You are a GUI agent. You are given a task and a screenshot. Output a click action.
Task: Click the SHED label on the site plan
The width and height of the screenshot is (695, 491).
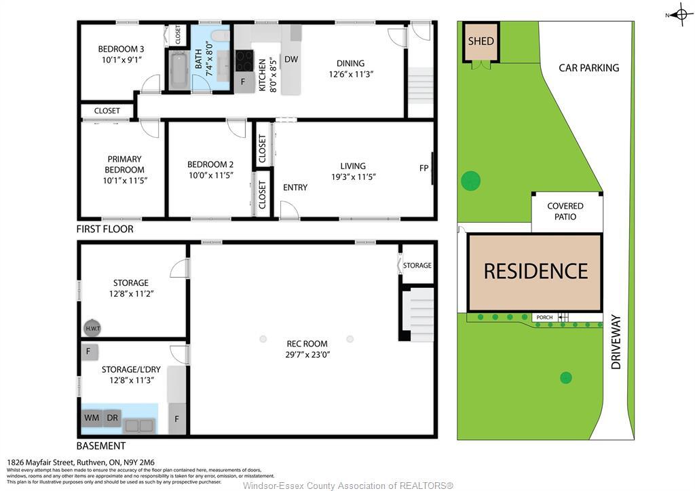click(481, 41)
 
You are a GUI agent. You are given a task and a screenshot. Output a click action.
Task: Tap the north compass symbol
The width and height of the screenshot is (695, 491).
click(681, 14)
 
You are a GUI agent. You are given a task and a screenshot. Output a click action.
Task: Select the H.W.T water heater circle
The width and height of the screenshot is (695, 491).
click(92, 329)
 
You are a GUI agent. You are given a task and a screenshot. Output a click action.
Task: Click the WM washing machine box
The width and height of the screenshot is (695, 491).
click(92, 418)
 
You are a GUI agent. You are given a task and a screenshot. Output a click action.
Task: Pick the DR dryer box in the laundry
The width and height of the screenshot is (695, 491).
click(112, 418)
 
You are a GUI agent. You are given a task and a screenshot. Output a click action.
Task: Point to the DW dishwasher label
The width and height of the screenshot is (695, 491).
click(291, 60)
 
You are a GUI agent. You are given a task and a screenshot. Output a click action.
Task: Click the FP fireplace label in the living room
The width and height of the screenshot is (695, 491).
click(424, 168)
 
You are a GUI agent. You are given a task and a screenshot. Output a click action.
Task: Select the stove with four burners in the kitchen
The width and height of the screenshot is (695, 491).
click(244, 61)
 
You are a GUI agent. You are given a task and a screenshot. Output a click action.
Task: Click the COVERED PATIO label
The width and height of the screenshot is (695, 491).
click(565, 211)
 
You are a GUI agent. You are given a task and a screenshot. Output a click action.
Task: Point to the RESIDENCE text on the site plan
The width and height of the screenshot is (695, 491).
click(535, 272)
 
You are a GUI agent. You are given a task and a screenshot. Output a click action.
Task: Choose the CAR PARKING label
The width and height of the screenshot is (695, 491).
click(588, 68)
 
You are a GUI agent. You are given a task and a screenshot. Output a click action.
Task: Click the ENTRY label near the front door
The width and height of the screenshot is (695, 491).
click(295, 187)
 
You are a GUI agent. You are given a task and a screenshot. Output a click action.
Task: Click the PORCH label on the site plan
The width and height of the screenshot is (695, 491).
click(544, 317)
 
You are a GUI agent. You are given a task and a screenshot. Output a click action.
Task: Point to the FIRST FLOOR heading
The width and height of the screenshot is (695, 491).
click(105, 230)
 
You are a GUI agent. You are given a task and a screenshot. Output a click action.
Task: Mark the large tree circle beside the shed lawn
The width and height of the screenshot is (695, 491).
click(470, 181)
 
